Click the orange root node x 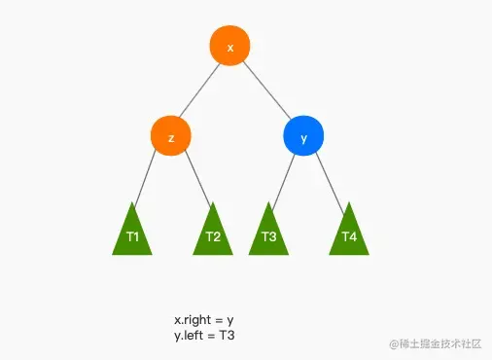tap(230, 46)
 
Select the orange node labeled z tap(171, 137)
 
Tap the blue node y tap(303, 137)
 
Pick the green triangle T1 tap(132, 234)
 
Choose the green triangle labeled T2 tap(213, 234)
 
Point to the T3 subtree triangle tap(269, 234)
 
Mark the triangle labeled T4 tap(349, 234)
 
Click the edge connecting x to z tap(200, 91)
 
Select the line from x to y tap(267, 91)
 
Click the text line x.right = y tap(205, 320)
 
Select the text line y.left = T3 tap(205, 335)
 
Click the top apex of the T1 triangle tap(132, 203)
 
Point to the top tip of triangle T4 tap(349, 203)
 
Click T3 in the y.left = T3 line tap(227, 335)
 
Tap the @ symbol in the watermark tap(394, 343)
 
